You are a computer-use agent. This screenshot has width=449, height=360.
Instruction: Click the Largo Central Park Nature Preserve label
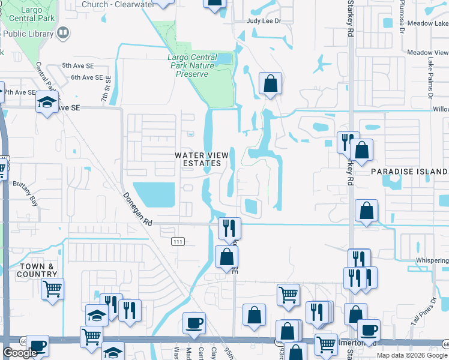(192, 66)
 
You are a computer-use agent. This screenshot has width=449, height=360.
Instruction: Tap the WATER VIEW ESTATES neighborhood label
(202, 159)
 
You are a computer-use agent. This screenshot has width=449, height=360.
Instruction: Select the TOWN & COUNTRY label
(37, 269)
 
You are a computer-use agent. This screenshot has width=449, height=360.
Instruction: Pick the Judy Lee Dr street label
(264, 20)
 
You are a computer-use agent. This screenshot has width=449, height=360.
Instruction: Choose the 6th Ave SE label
(86, 77)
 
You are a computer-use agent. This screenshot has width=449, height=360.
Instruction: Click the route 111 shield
(177, 241)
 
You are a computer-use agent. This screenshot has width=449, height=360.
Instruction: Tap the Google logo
(20, 353)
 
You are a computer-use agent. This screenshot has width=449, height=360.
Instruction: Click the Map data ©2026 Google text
(412, 355)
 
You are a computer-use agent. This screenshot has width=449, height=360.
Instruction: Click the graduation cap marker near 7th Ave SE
(46, 102)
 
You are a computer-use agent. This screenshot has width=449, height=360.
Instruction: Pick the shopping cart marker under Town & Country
(52, 289)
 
